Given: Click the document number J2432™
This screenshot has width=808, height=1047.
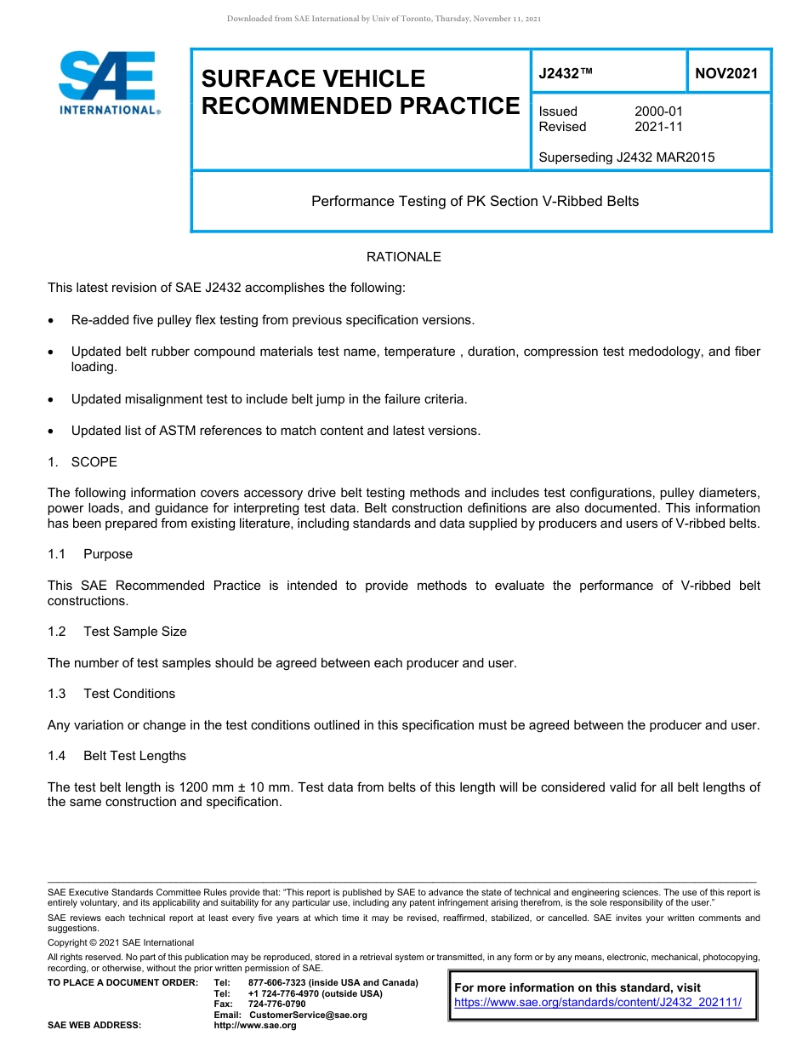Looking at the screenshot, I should click(x=565, y=73).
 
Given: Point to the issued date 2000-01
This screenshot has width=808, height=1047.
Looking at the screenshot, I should click(x=658, y=112).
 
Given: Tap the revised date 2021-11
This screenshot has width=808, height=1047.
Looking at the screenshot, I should click(x=658, y=127).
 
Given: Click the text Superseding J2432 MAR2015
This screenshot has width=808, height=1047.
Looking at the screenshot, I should click(x=626, y=157).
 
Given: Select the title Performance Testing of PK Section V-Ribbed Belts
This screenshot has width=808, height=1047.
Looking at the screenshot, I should click(x=475, y=202).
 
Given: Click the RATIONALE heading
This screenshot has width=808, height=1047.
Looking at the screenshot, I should click(x=403, y=257).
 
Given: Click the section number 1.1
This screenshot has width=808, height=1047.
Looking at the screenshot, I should click(x=56, y=554).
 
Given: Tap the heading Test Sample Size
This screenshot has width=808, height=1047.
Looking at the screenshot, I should click(x=134, y=632).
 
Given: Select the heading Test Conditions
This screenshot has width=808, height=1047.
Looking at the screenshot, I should click(x=129, y=694).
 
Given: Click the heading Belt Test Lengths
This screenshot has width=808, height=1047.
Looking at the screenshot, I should click(x=134, y=756).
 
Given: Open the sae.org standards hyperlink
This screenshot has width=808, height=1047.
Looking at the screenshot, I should click(x=598, y=1003).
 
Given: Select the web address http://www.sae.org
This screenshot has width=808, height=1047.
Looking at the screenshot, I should click(x=255, y=1025).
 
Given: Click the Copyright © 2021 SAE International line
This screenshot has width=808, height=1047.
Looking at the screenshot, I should click(x=121, y=942).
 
